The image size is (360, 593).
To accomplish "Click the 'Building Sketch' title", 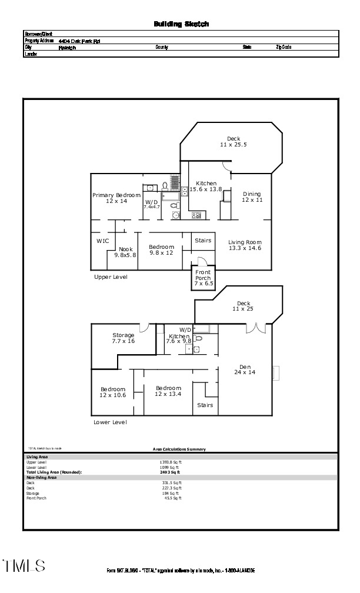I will point(181,24).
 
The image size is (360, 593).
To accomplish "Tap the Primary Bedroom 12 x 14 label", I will point(116,198).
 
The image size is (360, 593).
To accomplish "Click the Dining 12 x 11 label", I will point(251,197).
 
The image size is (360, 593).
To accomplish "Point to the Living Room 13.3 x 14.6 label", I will point(245,245).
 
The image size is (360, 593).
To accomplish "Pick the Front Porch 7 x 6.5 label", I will point(203,278).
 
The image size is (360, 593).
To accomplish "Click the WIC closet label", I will point(102,241).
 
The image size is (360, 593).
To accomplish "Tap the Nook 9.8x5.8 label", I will point(125,252).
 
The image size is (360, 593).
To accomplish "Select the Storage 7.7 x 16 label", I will point(124,338).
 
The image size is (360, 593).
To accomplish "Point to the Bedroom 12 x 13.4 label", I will point(168,391).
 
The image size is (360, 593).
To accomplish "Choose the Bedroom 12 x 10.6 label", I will point(112,392).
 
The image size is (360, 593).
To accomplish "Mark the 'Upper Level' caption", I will point(111,276).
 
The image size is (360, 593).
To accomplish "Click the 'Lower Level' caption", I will point(110,422).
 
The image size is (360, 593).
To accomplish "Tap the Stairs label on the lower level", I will point(205,405).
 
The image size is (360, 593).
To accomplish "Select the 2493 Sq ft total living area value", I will point(170,472).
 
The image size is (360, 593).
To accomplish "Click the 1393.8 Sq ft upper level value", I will point(171,462).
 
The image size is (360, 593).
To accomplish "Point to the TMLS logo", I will point(24,566).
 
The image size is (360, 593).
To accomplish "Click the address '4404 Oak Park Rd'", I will point(79,41).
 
